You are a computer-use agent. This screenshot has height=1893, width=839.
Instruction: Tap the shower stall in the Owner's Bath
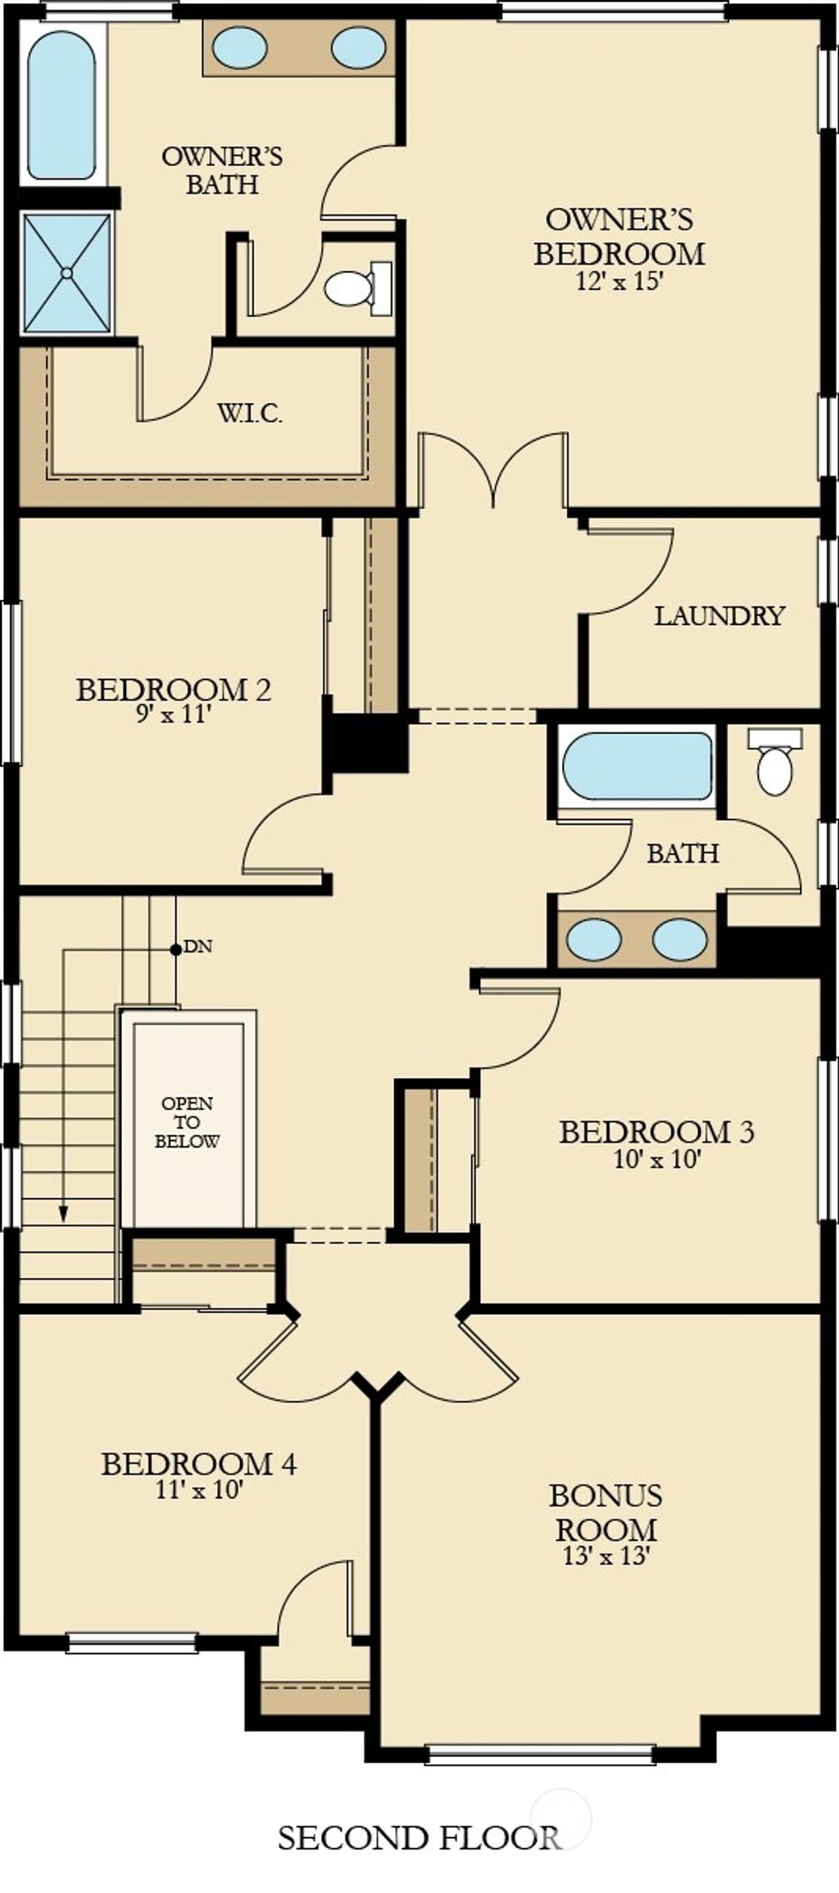(67, 272)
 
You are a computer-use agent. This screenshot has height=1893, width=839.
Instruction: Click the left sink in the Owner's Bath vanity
(239, 47)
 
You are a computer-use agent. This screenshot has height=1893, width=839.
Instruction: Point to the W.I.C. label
(250, 414)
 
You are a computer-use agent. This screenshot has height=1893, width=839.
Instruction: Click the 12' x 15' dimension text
(619, 281)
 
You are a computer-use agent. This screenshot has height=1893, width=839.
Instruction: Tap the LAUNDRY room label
(719, 616)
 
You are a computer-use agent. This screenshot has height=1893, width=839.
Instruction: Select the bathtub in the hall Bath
(637, 767)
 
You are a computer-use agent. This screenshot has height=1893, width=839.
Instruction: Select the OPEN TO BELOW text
(188, 1122)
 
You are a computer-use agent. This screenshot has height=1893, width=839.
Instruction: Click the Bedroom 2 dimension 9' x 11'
(175, 715)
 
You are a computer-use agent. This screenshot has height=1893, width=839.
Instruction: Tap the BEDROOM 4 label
(198, 1464)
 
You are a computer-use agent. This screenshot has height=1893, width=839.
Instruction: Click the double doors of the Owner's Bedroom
(493, 471)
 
